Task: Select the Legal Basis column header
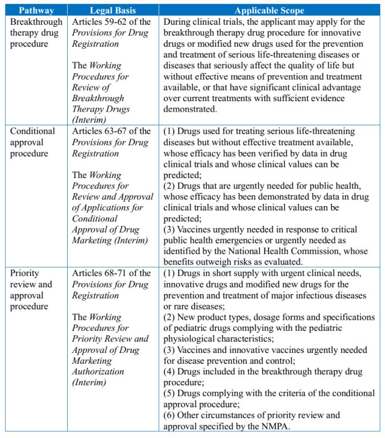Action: pyautogui.click(x=114, y=10)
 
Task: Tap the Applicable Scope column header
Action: pyautogui.click(x=269, y=10)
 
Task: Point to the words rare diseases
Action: pyautogui.click(x=199, y=306)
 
